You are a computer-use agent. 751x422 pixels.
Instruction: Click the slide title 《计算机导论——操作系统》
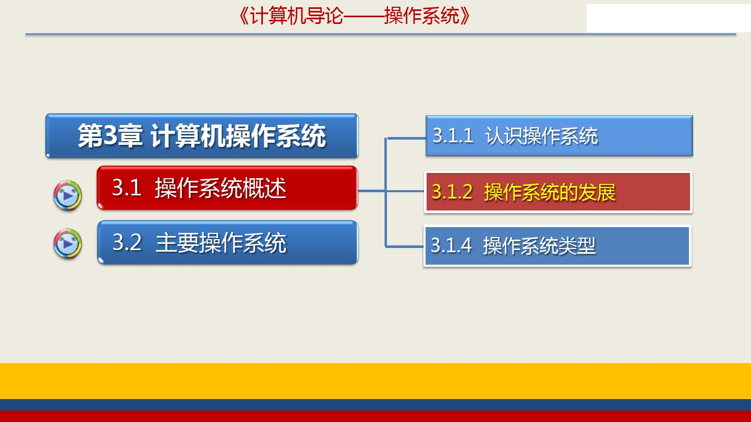[355, 16]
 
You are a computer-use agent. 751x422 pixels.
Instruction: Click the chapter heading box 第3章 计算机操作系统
[202, 135]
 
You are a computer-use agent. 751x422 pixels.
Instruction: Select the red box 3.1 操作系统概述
[227, 188]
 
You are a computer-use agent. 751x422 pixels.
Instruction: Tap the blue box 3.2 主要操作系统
[227, 242]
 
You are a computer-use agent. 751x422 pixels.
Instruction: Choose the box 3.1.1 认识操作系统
[559, 135]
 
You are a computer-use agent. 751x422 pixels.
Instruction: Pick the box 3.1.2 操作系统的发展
[558, 192]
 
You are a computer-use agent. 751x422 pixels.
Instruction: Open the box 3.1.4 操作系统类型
[558, 246]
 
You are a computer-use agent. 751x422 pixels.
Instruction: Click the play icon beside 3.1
[68, 195]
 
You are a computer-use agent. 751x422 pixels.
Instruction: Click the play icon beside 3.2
[68, 243]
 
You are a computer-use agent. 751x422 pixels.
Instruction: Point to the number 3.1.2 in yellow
[452, 192]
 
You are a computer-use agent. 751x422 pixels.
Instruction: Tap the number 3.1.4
[451, 245]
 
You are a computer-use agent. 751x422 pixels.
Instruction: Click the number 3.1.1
[453, 135]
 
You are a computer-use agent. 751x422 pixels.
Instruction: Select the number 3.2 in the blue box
[127, 242]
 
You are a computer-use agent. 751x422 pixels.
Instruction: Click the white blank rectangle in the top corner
[669, 18]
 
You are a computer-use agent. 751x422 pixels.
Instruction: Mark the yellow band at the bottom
[375, 381]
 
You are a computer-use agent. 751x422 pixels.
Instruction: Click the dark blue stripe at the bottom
[375, 405]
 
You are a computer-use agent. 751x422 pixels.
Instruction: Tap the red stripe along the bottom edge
[375, 416]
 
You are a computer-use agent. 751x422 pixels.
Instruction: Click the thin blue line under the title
[381, 34]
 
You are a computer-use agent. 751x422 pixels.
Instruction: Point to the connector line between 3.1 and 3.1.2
[391, 191]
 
